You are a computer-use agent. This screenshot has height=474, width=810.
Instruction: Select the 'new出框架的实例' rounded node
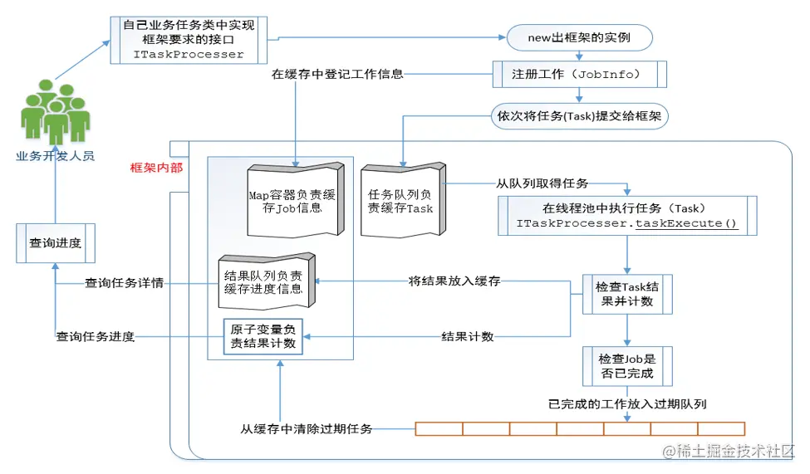coord(579,38)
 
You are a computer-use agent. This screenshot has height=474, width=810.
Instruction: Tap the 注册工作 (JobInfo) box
coord(580,74)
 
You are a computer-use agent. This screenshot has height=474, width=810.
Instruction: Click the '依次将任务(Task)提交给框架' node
coord(580,116)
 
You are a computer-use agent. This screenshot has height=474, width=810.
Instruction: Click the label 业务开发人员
coord(56,155)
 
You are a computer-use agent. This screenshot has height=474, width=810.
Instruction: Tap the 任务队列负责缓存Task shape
coord(401,200)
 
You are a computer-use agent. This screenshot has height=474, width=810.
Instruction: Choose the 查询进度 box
coord(56,243)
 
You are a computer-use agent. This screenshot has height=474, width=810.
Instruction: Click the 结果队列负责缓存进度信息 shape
coord(263,281)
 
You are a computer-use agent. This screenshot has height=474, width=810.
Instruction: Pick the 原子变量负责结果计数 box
coord(263,336)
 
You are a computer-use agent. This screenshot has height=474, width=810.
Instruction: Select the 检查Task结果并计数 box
coord(626,294)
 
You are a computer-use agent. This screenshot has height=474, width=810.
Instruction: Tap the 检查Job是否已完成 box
coord(626,366)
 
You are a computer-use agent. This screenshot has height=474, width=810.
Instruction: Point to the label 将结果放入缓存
coord(454,281)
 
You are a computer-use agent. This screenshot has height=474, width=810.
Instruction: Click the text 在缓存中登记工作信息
coord(337,74)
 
